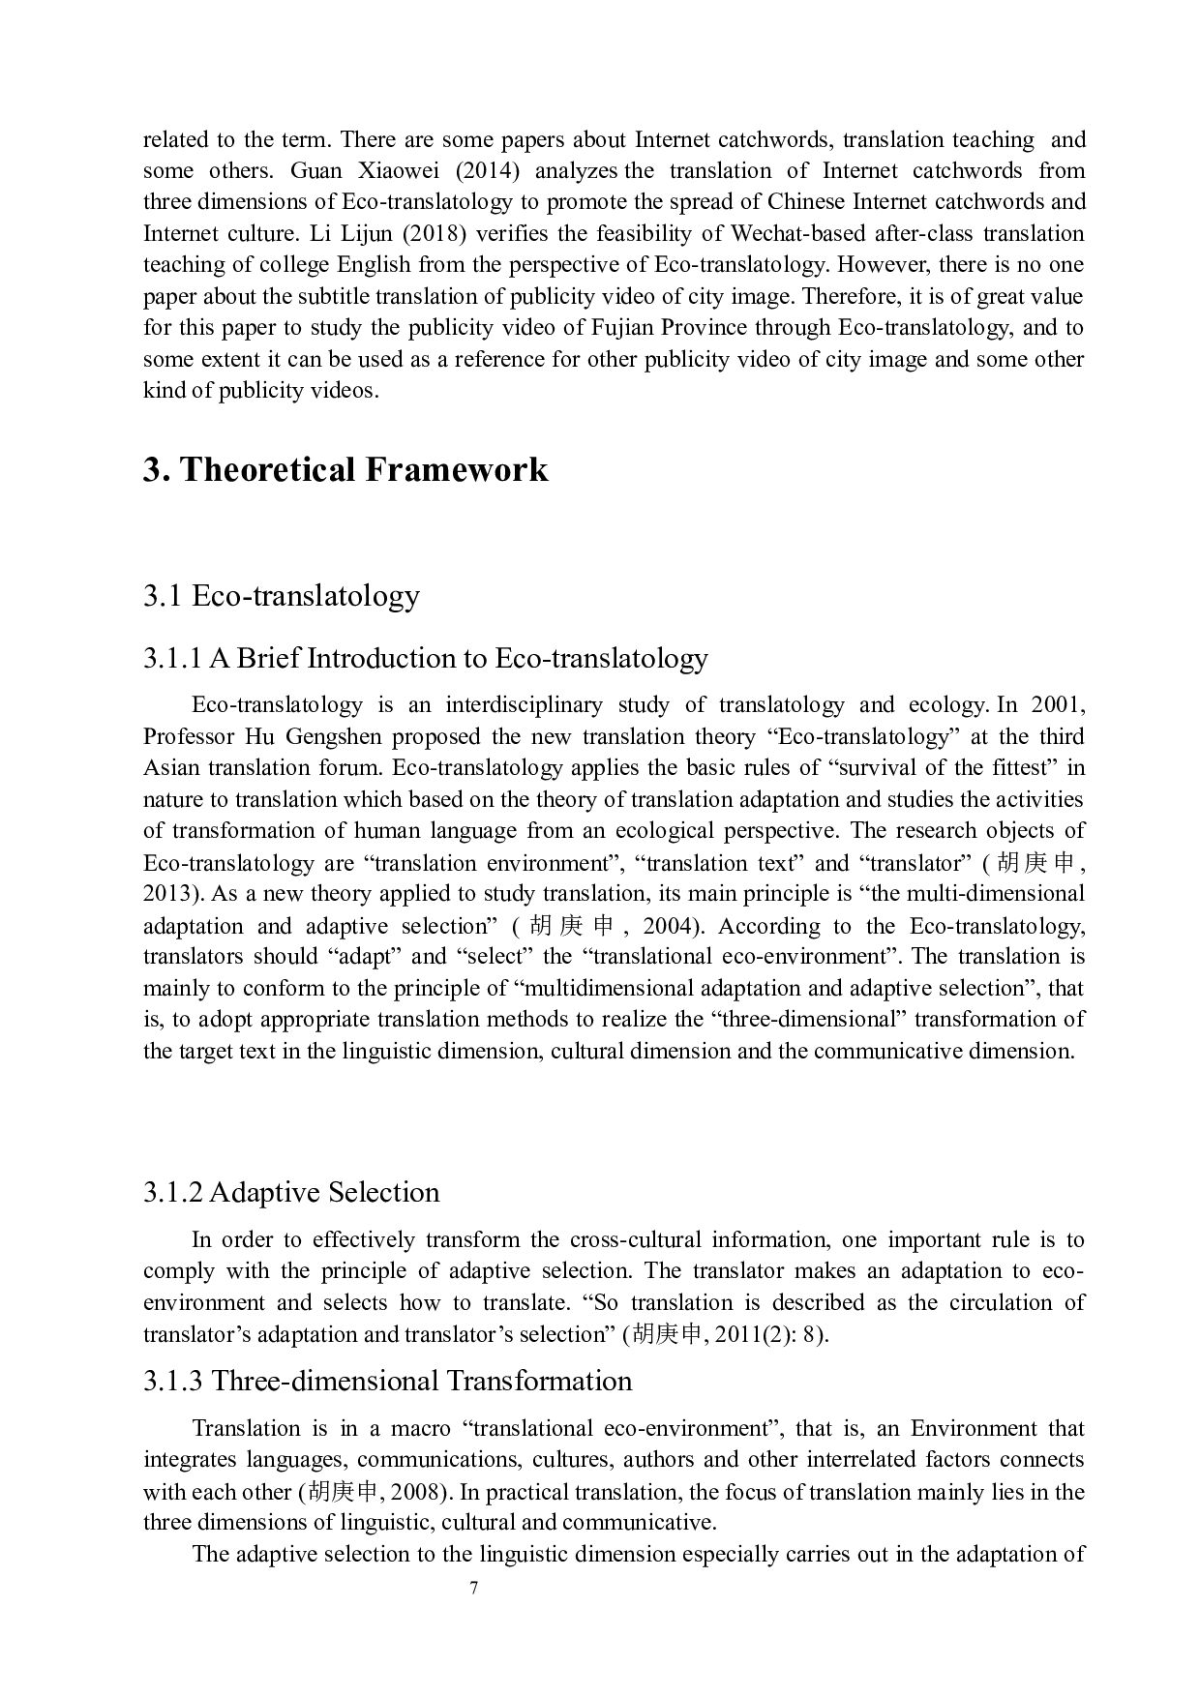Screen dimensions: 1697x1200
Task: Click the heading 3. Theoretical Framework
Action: tap(345, 470)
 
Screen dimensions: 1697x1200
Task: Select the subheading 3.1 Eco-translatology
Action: tap(282, 595)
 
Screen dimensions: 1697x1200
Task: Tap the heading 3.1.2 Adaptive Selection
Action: tap(291, 1192)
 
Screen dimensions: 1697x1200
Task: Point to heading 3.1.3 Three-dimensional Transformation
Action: tap(388, 1381)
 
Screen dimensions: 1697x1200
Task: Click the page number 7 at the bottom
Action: tap(473, 1588)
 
